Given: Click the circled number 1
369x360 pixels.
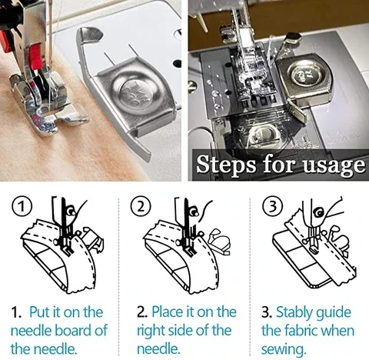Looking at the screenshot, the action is (x=22, y=207).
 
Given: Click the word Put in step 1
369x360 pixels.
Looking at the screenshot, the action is (x=40, y=312).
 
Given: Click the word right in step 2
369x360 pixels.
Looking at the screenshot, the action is (x=151, y=332).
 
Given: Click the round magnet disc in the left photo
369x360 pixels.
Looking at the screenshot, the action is (x=131, y=95).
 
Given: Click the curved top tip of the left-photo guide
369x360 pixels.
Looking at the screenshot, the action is (x=90, y=33).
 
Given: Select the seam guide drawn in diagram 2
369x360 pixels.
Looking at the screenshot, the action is (x=219, y=242).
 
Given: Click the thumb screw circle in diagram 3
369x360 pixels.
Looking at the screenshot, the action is (x=320, y=212).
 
